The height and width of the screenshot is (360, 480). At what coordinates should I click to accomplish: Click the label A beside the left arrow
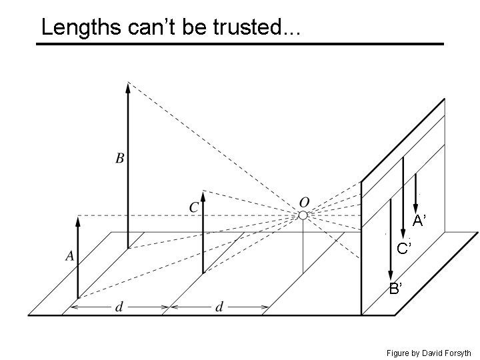[69, 255]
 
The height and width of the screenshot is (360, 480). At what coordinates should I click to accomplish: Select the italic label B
[120, 159]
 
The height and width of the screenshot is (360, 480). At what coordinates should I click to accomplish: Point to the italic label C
[194, 207]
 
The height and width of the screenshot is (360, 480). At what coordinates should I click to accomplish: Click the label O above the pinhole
[304, 201]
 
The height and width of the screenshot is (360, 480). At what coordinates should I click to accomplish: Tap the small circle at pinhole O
[303, 215]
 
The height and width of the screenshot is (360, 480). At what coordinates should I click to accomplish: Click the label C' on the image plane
[405, 249]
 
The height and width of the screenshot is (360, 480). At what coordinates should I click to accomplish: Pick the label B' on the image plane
[395, 289]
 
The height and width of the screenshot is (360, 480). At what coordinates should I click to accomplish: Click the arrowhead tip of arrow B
[127, 83]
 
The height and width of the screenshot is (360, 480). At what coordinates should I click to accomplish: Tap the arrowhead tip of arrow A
[78, 217]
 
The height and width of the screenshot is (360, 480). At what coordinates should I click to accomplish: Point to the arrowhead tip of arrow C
[203, 193]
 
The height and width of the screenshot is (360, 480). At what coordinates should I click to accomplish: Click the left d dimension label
[119, 307]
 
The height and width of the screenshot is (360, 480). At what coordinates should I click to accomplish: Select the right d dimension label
[219, 307]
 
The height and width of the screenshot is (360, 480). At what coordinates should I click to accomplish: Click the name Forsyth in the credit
[457, 353]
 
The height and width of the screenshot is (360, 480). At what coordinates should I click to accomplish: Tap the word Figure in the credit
[399, 353]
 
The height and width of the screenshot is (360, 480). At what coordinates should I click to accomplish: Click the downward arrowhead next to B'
[390, 275]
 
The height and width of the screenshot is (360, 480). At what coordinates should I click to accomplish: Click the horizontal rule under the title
[240, 44]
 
